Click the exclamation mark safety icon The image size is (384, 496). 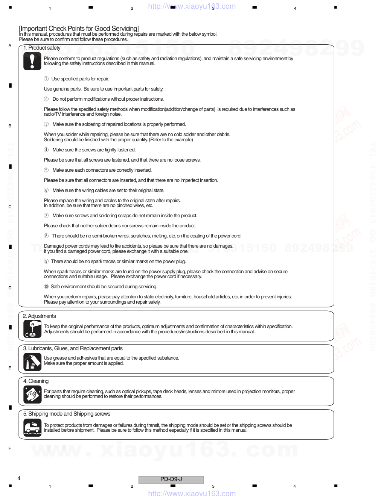point(32,61)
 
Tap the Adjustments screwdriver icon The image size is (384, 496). point(32,329)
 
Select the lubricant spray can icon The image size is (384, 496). point(32,362)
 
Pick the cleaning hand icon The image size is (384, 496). point(32,395)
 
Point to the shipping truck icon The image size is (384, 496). point(32,428)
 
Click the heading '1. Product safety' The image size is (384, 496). point(42,48)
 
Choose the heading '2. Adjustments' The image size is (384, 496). point(39,316)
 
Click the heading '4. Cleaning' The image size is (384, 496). point(36,381)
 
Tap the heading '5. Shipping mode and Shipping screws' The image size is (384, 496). point(67,414)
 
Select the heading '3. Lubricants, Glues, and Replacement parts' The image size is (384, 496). point(73,348)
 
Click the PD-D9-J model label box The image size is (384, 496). point(171,479)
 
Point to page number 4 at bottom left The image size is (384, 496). point(19,478)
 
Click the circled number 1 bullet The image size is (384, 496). point(46,79)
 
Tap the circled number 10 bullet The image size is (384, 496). point(46,287)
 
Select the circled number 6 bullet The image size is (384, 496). point(46,191)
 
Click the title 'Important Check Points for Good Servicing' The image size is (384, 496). point(79,29)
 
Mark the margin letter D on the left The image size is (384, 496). point(10,288)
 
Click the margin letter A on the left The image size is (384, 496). point(10,46)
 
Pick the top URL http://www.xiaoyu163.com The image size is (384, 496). point(192,6)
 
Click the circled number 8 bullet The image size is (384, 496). point(46,236)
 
